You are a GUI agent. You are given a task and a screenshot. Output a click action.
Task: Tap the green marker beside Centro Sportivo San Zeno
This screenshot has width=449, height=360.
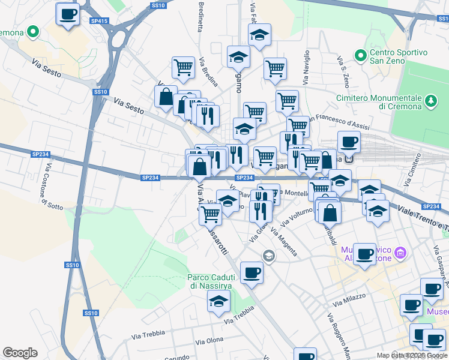(361, 56)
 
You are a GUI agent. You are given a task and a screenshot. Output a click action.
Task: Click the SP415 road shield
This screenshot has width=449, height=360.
(100, 21)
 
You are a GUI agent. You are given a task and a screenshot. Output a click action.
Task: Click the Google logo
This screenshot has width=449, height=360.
(20, 353)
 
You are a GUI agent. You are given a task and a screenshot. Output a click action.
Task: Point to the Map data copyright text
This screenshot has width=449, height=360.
(411, 355)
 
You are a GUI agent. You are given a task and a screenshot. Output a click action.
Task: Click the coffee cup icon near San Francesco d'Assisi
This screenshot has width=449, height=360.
(349, 142)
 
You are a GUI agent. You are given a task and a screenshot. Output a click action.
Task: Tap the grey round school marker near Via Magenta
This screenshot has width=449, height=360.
(268, 256)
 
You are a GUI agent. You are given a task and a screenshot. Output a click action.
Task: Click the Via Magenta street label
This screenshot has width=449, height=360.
(284, 241)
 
